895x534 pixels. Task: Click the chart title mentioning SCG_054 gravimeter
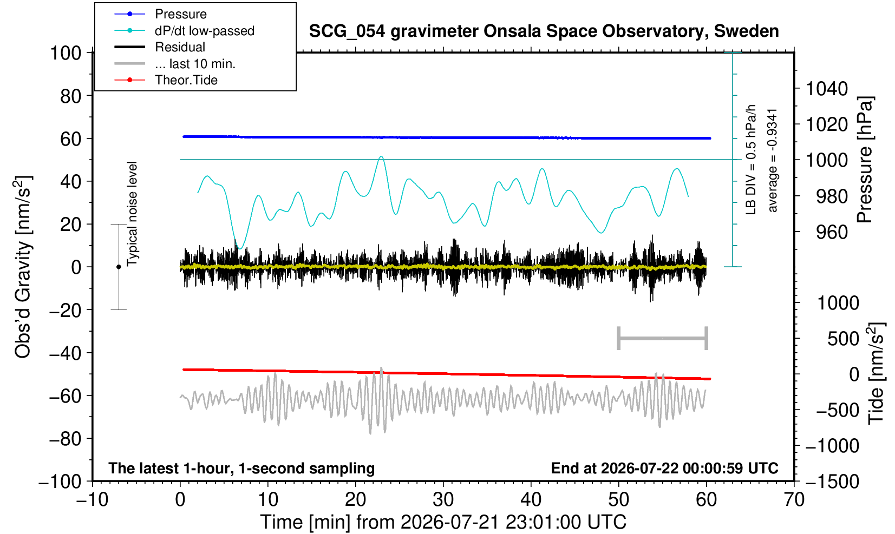(544, 31)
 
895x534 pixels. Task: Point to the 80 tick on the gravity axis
(71, 96)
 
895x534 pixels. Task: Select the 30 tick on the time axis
(443, 500)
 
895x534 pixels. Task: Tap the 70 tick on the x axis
(794, 500)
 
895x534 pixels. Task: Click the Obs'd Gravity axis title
(23, 267)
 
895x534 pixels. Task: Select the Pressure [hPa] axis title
(865, 160)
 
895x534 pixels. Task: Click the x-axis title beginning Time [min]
(443, 523)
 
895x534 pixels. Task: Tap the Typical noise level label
(132, 214)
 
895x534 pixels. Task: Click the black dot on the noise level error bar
(119, 267)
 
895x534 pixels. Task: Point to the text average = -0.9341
(772, 160)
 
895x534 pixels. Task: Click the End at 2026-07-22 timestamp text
(664, 468)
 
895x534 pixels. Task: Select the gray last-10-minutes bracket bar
(663, 338)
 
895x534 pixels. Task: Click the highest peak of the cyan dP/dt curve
(381, 156)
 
